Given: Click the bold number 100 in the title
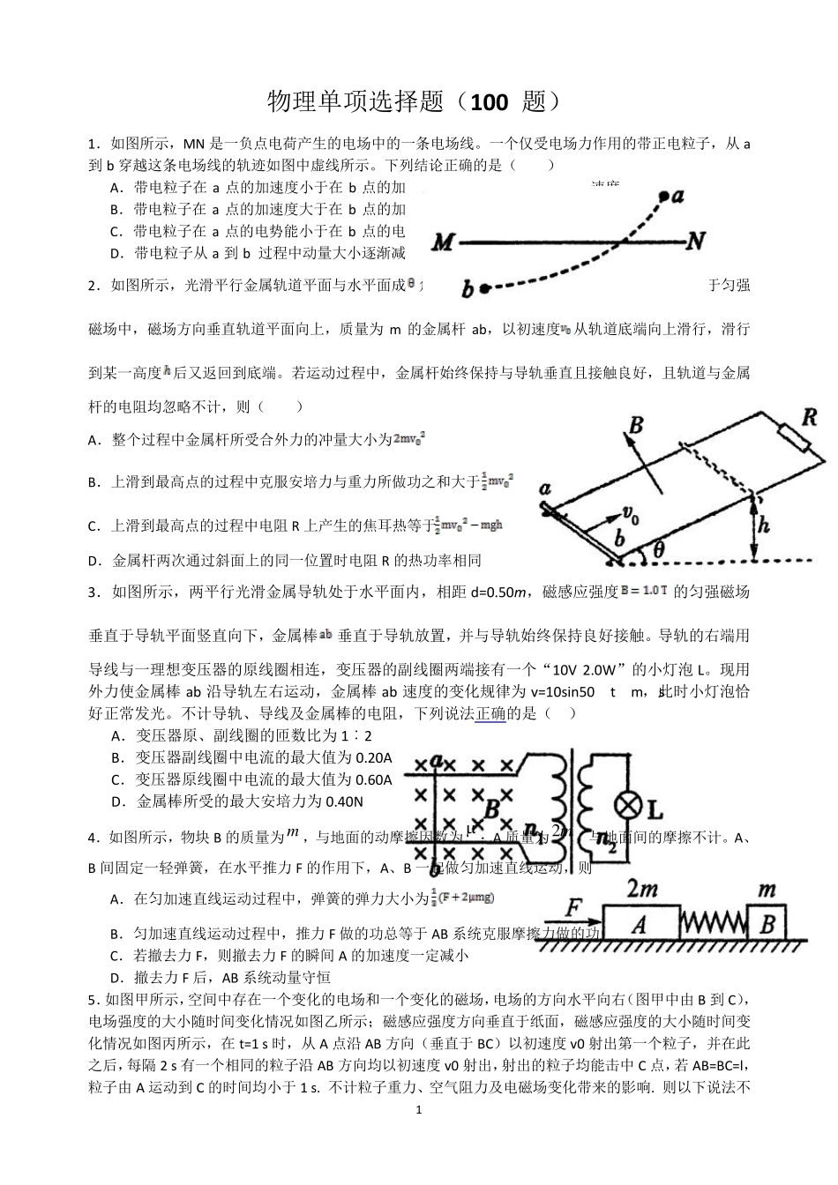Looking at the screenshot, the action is pyautogui.click(x=490, y=103).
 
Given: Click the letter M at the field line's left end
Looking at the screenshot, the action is pyautogui.click(x=444, y=242).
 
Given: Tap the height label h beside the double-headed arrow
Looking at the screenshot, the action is pyautogui.click(x=764, y=525).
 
